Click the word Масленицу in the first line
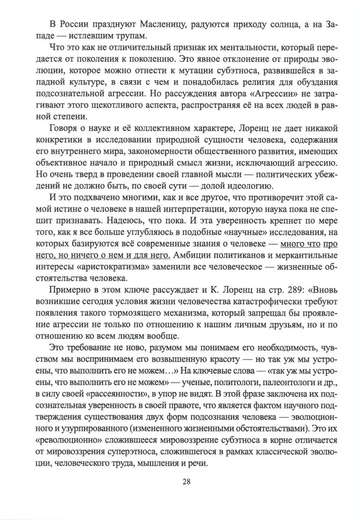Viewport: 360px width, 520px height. tap(139, 23)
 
